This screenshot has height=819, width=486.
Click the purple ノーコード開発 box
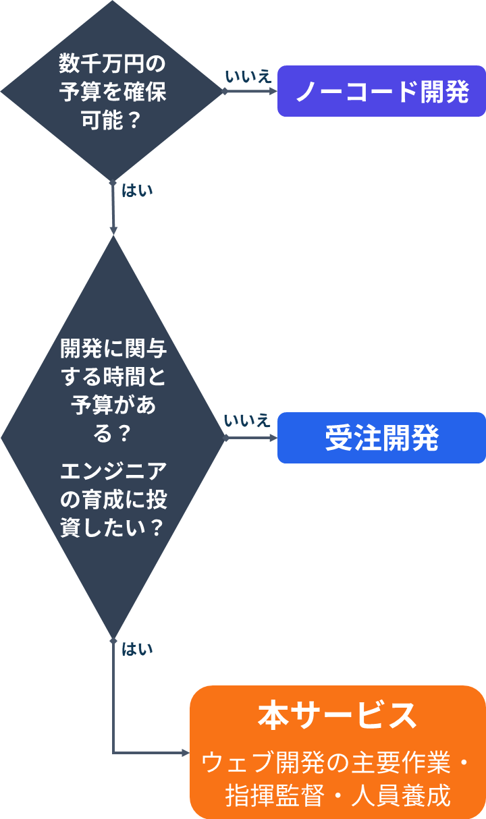point(381,91)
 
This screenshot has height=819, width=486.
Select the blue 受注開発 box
point(381,438)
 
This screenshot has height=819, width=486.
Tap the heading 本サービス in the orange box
point(337,716)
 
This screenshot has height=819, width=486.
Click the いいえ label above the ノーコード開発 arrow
point(248,76)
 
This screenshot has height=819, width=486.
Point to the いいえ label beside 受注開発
point(247,420)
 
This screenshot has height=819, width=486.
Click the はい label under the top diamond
point(137,190)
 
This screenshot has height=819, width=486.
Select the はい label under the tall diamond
point(137,649)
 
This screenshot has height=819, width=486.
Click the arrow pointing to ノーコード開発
point(250,91)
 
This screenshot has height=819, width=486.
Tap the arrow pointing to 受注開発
point(250,438)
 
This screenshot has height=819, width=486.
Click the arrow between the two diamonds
point(113,208)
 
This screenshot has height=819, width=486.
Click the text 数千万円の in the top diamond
point(113,63)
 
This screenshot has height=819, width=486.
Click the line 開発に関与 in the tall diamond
point(113,348)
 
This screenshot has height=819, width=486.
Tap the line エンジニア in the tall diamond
point(113,472)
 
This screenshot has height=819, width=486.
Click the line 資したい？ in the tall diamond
point(112,528)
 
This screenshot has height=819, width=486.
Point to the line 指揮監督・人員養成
point(337,795)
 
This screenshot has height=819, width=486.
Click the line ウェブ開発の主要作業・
point(335,762)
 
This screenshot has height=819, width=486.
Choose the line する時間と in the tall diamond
point(113,376)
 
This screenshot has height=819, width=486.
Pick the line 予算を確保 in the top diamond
point(113,91)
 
